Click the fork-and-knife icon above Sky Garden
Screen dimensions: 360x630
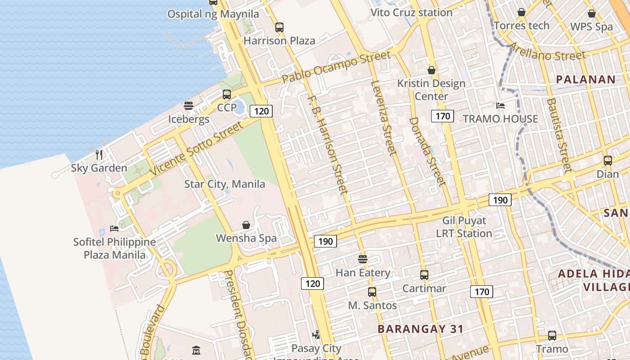(x=99, y=155)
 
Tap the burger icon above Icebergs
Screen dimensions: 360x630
(x=189, y=106)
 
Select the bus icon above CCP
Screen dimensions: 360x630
(x=227, y=94)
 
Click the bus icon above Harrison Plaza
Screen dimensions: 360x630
(x=279, y=27)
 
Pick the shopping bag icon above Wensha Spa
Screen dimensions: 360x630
(x=246, y=225)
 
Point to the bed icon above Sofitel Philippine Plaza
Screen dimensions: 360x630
(x=114, y=229)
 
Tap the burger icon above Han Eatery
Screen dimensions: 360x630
(x=363, y=259)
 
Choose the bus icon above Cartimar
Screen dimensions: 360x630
(x=424, y=275)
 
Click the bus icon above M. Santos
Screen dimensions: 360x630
(x=372, y=292)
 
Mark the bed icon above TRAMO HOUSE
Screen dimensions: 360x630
(x=500, y=106)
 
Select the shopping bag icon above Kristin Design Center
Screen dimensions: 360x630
(x=431, y=70)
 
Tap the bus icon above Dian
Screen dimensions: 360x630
(x=607, y=160)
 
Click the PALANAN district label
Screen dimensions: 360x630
(x=585, y=80)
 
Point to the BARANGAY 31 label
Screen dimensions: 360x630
(x=420, y=329)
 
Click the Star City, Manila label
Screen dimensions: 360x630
(x=225, y=184)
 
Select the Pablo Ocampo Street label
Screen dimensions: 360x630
(x=336, y=67)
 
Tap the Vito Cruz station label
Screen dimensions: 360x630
(x=411, y=13)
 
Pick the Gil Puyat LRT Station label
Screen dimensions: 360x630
(x=464, y=227)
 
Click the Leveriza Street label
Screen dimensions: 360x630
(x=384, y=117)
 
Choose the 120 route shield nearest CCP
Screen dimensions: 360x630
(x=261, y=111)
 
